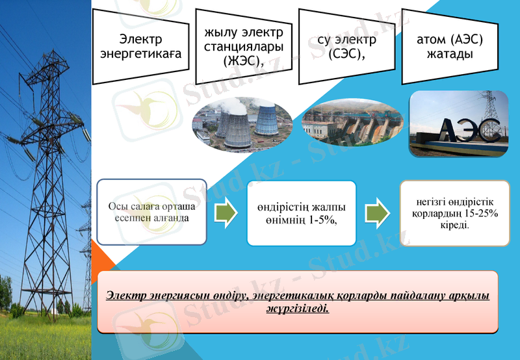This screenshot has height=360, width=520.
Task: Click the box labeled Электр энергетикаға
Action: [140, 46]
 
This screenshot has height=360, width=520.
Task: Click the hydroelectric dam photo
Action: [352, 122]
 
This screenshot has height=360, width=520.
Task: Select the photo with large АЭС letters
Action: [458, 123]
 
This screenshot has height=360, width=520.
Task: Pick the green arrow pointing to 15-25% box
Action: [376, 212]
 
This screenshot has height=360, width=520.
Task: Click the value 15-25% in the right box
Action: [480, 214]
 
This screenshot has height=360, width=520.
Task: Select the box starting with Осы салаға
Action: [151, 212]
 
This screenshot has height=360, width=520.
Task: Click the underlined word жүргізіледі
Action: [297, 309]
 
